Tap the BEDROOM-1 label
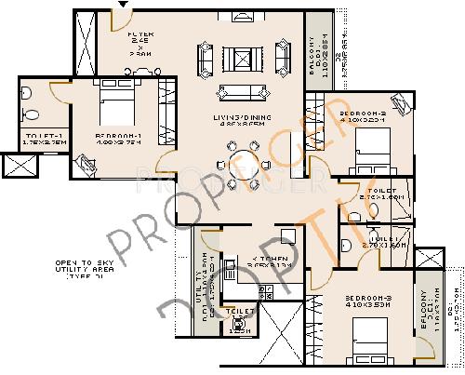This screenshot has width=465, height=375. tap(118, 136)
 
